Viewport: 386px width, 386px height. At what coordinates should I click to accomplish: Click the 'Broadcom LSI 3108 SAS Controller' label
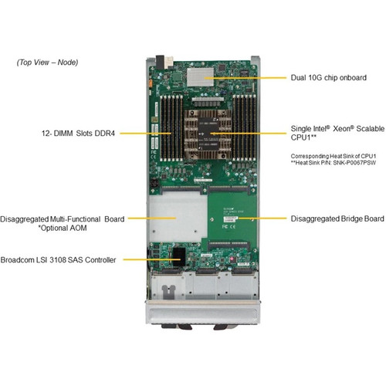click(x=59, y=261)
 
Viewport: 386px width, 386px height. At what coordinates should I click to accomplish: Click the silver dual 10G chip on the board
click(x=200, y=75)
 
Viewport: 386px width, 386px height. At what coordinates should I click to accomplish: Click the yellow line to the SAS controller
click(x=147, y=261)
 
